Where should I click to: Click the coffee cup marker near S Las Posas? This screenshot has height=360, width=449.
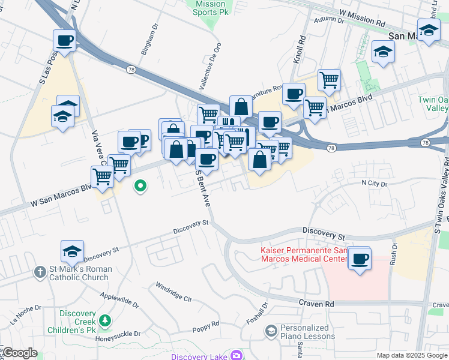tap(65, 41)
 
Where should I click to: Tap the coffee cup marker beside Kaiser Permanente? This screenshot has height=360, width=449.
tap(360, 259)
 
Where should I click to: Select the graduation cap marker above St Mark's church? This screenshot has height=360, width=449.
tap(72, 252)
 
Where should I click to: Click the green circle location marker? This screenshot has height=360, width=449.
tap(140, 187)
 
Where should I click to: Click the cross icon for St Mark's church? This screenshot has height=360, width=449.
tap(40, 272)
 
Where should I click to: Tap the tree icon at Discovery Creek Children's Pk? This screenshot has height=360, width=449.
tap(106, 321)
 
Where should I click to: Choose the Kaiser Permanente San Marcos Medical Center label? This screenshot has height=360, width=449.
tap(304, 254)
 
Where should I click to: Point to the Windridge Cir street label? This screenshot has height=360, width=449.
tap(173, 292)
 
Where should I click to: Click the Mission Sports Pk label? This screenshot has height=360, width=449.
tap(211, 7)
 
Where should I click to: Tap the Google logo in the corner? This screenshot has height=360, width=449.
tap(20, 353)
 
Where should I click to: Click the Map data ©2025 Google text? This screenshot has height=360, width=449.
tap(411, 355)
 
